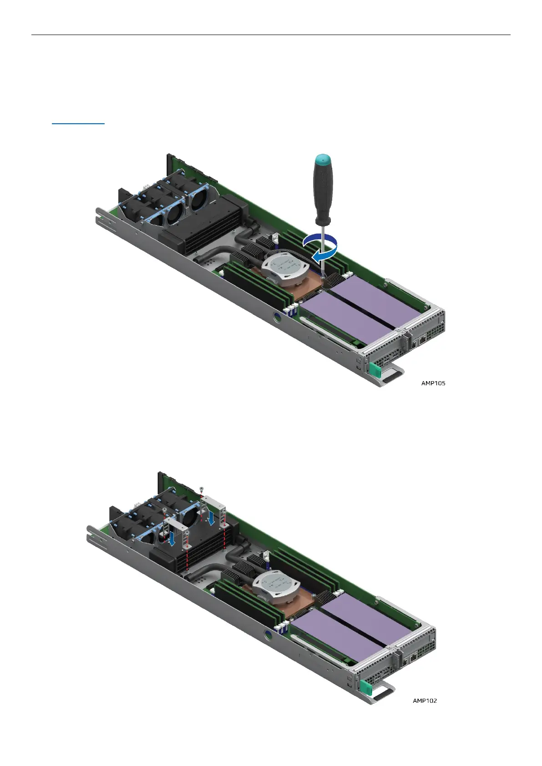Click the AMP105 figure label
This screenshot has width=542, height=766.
pos(433,383)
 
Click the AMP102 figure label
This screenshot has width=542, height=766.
pos(425,700)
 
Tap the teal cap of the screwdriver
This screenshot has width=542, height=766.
pos(323,160)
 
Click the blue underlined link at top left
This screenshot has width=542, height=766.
pos(78,123)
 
